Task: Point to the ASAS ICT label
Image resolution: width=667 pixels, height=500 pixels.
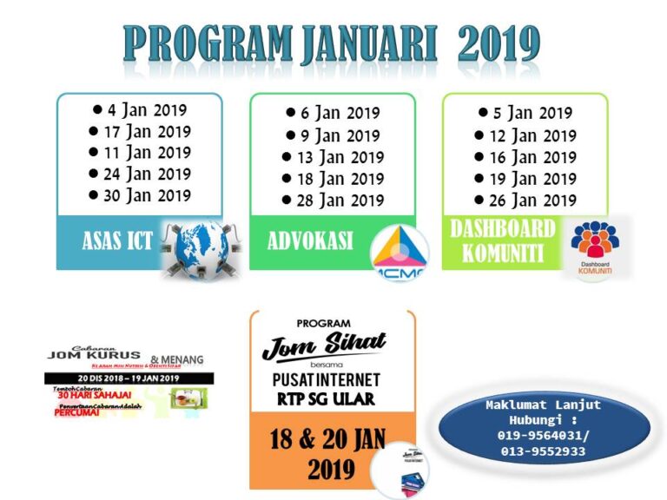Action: pos(117,241)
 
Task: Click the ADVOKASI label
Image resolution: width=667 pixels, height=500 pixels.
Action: pos(310,241)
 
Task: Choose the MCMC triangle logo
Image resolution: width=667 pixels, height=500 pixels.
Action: pos(399,252)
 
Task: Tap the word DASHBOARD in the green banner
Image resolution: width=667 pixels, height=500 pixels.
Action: pos(503,229)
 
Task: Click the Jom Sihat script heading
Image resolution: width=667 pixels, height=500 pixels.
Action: pos(324,345)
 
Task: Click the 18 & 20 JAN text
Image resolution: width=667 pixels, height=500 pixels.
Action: pos(328,438)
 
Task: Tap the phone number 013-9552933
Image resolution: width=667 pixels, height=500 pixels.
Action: pos(541,451)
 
